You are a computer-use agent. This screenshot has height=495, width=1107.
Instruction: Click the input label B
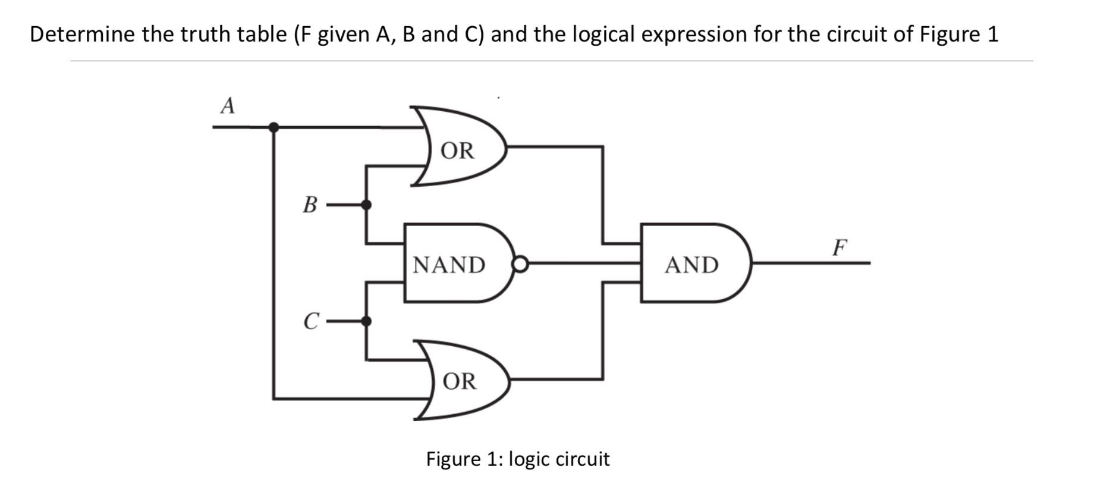[x=310, y=205]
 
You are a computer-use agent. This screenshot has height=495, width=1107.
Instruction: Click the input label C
[x=310, y=321]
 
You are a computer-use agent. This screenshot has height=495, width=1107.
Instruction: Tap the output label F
[x=839, y=246]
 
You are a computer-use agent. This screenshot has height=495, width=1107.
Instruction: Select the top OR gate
[x=458, y=150]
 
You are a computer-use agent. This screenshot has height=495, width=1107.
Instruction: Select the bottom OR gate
[x=460, y=381]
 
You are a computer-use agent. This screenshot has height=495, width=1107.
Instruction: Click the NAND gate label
[x=449, y=264]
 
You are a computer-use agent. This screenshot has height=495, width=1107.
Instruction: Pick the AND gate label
[x=691, y=264]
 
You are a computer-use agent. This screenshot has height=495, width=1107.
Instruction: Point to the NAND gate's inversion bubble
[x=520, y=264]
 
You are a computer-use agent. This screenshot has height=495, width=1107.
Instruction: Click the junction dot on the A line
[x=273, y=127]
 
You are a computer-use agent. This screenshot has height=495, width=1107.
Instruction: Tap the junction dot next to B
[x=366, y=205]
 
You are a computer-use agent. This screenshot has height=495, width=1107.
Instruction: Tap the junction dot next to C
[x=366, y=321]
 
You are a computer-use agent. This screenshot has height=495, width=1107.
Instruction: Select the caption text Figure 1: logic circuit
[x=517, y=459]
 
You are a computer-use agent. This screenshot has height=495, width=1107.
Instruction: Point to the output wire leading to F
[x=809, y=262]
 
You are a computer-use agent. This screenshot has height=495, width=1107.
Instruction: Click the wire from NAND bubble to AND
[x=583, y=262]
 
